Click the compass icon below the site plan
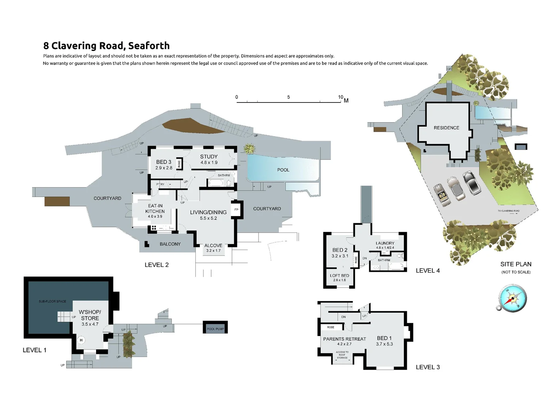[512, 298]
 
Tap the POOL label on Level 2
[283, 170]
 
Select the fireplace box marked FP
[236, 210]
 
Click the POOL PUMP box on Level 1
[215, 329]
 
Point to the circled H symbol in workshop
[81, 340]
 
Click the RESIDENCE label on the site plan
[446, 128]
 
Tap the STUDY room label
[209, 157]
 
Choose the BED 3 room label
[164, 162]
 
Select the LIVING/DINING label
[208, 212]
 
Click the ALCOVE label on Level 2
[213, 246]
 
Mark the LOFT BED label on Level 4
[340, 276]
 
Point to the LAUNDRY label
[385, 243]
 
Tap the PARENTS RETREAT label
[344, 339]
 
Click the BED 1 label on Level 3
[384, 338]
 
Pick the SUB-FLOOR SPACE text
[53, 301]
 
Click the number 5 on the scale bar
[288, 97]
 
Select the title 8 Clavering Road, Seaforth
[106, 46]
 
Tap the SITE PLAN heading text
[516, 264]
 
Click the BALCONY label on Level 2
[170, 244]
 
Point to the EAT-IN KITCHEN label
[155, 209]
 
